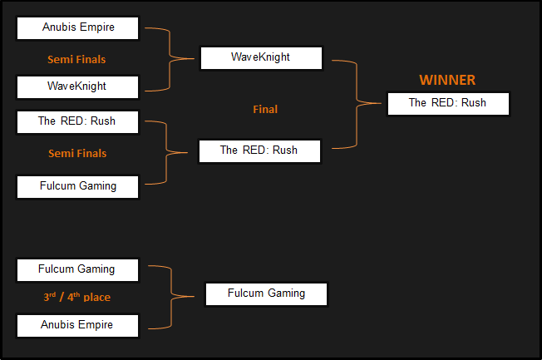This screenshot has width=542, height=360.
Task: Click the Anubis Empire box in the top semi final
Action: [x=78, y=27]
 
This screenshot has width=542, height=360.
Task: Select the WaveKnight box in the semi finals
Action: [x=78, y=86]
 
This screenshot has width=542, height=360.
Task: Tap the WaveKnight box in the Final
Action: [x=261, y=57]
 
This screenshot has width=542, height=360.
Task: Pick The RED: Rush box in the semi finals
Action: [x=78, y=121]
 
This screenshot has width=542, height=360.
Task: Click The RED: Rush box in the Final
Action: [x=259, y=150]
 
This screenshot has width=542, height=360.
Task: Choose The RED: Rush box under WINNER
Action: [x=447, y=103]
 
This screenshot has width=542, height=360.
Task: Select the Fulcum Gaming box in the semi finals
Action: [x=78, y=186]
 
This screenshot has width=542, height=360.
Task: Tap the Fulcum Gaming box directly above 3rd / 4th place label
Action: [x=78, y=269]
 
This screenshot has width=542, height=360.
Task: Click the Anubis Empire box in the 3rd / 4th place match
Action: [x=78, y=324]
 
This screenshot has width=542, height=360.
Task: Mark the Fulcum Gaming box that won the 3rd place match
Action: [x=266, y=293]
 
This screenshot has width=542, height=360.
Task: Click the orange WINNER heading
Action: [x=447, y=80]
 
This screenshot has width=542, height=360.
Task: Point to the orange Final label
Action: [x=265, y=109]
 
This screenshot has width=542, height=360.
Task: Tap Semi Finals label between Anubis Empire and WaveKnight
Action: [x=76, y=59]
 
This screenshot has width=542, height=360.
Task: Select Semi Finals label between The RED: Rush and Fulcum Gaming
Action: [x=76, y=153]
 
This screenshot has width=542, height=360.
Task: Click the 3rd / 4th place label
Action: [x=77, y=297]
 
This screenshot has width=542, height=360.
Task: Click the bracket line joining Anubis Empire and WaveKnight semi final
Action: [x=172, y=57]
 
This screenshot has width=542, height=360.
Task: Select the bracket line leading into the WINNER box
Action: [x=358, y=103]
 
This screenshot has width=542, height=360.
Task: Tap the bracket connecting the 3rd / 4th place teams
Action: [x=173, y=295]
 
